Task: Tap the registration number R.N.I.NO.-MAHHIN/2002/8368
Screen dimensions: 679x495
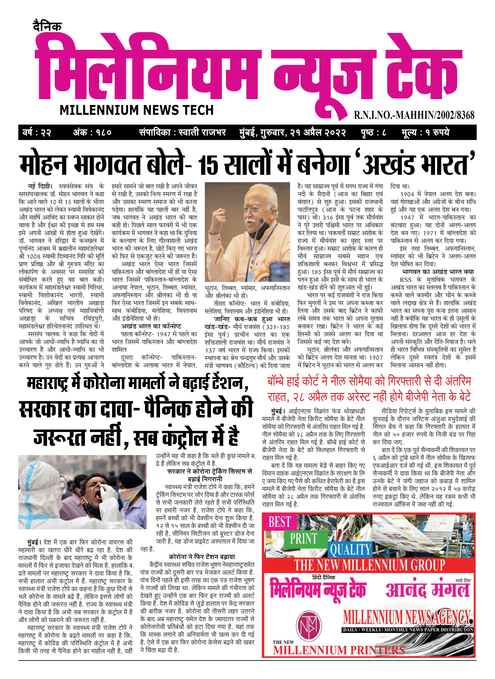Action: coord(414,115)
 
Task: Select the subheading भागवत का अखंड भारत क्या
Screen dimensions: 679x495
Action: coord(438,272)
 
